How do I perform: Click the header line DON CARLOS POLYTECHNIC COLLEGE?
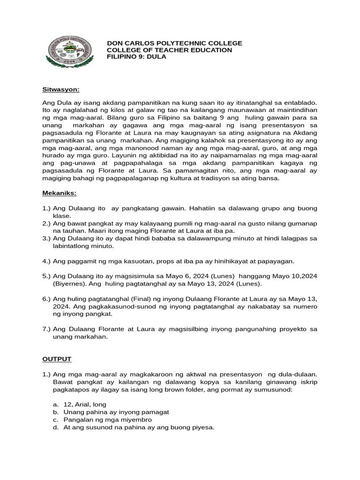174,43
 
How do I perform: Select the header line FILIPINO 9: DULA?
136,57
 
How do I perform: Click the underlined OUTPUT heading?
57,359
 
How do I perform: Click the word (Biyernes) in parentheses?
69,284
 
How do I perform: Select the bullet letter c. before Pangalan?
55,420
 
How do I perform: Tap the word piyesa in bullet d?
202,427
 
